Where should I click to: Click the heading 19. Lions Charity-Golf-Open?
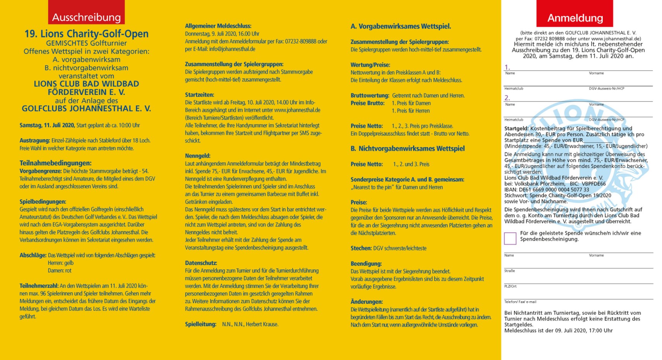(86, 34)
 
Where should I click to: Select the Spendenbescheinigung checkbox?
(510, 238)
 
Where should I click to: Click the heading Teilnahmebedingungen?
(56, 163)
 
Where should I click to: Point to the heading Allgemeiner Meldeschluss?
(218, 26)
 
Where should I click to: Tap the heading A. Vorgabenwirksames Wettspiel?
(401, 26)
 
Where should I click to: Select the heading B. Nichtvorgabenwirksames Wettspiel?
(408, 149)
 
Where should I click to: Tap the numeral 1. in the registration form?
(507, 67)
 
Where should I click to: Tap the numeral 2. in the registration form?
(507, 98)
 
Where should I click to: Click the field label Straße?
(509, 271)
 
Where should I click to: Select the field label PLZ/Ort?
(510, 286)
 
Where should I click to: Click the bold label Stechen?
(361, 248)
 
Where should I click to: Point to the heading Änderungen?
(367, 302)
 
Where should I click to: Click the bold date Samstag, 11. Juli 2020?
(47, 125)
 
